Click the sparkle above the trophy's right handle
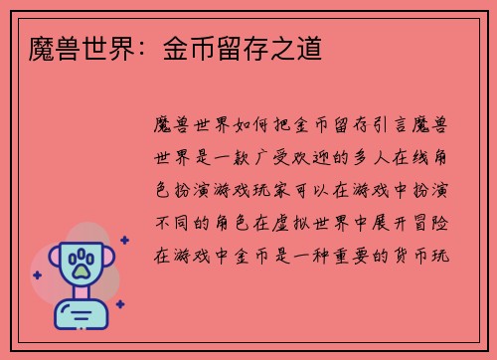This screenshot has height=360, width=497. point(124,240)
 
